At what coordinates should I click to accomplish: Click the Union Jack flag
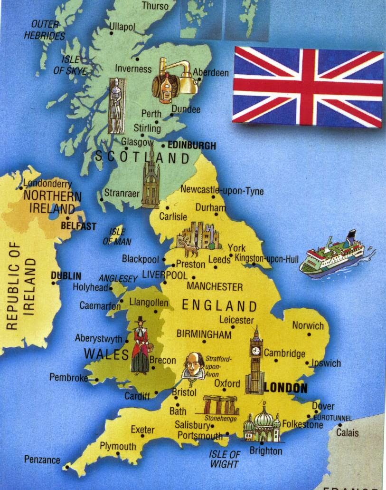(308, 88)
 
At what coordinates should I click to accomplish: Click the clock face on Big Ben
(256, 351)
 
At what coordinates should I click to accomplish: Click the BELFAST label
(79, 226)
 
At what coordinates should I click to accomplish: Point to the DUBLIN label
(66, 275)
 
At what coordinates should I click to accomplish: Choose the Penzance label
(42, 460)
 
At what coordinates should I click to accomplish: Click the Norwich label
(308, 326)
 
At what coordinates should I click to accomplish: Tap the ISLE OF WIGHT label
(225, 459)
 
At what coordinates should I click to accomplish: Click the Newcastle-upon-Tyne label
(222, 191)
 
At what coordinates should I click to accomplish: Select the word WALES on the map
(106, 354)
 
